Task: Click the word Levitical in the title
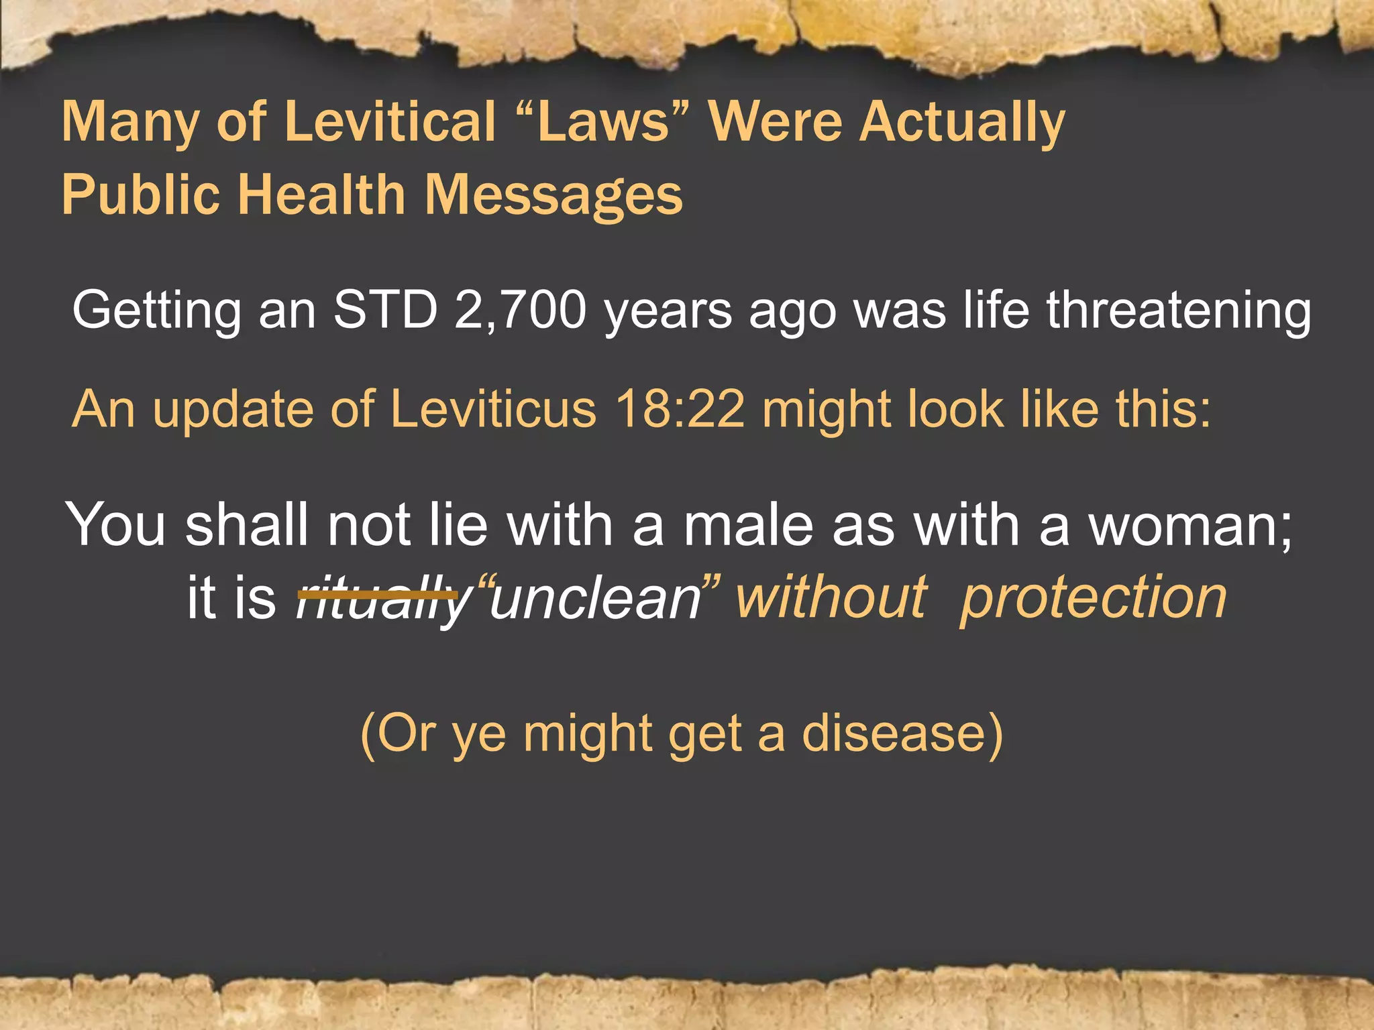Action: tap(390, 122)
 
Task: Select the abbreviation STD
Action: tap(385, 310)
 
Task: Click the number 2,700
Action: tap(520, 311)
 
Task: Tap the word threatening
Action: tap(1178, 311)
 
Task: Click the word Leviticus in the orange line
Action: tap(493, 409)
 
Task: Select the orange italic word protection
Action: tap(1094, 599)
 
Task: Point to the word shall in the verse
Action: tap(247, 525)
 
